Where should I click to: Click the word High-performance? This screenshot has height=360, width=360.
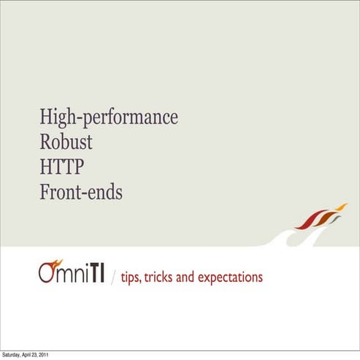click(x=109, y=117)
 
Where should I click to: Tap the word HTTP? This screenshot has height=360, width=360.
click(x=62, y=167)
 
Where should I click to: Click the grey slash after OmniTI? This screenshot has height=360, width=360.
click(x=112, y=278)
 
